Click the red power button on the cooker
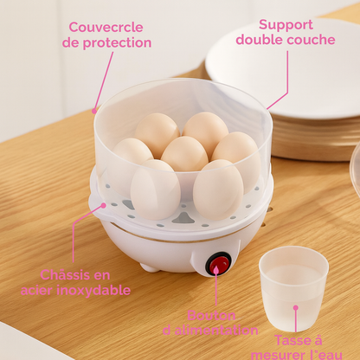coord(220,263)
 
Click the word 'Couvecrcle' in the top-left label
coord(106,26)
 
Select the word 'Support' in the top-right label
coord(286,24)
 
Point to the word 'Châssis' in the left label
coord(65,274)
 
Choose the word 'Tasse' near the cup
coord(286,340)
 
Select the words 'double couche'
coord(286,40)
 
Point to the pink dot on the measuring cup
coord(295,305)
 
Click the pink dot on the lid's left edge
coord(94,111)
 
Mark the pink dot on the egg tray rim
coord(104,206)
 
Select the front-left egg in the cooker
coord(155,188)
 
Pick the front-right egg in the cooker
coord(217,188)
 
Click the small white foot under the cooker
coord(150,267)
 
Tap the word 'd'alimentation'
coord(210,330)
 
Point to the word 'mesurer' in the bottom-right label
coord(278,354)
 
